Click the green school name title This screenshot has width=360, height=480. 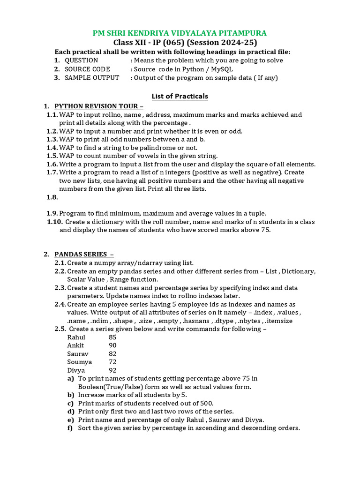click(180, 33)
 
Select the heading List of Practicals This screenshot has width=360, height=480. click(180, 96)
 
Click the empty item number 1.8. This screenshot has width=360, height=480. click(52, 197)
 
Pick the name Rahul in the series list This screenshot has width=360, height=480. click(76, 337)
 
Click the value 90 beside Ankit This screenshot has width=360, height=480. click(112, 345)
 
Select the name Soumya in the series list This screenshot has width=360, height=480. click(79, 362)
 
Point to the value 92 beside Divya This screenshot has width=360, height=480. click(112, 370)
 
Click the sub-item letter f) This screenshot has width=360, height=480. click(70, 428)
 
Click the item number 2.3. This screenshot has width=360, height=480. click(60, 288)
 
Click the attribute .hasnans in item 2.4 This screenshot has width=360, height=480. click(195, 321)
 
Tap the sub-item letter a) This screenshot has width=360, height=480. click(70, 378)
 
